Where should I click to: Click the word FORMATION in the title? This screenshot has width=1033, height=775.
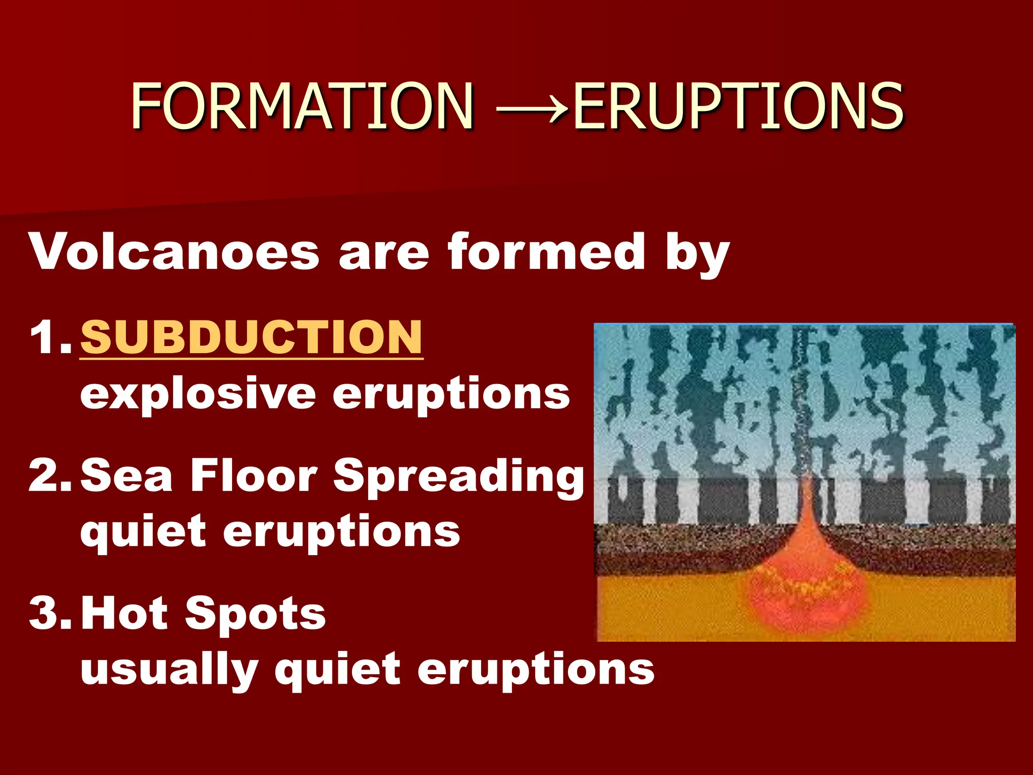(x=302, y=106)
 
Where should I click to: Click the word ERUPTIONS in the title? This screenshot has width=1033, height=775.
(x=737, y=106)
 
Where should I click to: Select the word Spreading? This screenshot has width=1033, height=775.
(x=458, y=477)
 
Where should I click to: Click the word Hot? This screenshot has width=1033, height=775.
(x=124, y=613)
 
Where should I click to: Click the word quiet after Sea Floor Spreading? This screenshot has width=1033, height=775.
(x=143, y=533)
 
